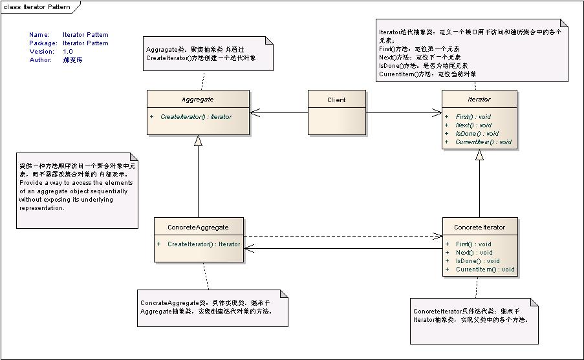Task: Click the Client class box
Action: [x=336, y=112]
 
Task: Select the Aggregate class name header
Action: [x=198, y=100]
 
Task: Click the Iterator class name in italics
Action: [x=479, y=100]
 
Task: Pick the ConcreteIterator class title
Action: [x=479, y=227]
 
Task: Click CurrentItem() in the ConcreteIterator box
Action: [x=484, y=270]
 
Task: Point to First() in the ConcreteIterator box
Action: [x=473, y=244]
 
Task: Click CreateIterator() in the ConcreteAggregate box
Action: [x=203, y=244]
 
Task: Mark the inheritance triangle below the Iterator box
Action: [x=479, y=155]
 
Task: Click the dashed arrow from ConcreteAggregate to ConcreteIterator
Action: [x=343, y=236]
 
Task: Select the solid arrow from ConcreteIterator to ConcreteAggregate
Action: [x=343, y=249]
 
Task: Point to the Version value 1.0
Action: [x=68, y=51]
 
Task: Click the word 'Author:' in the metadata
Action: [x=40, y=59]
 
